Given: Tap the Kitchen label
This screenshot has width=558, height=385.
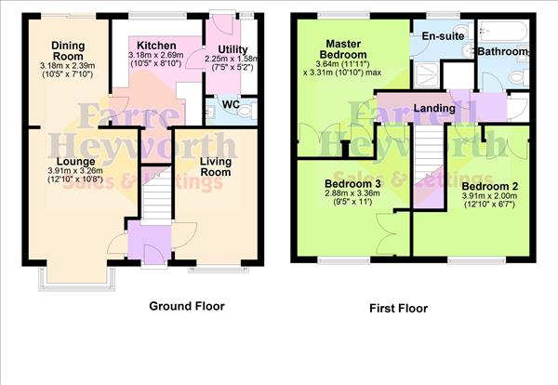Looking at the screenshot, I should point(155,46).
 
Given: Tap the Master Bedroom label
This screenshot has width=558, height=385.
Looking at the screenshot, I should point(350,49).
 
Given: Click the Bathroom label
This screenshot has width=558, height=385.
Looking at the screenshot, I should point(503,52).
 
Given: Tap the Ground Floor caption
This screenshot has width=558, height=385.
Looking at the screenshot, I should point(187,305).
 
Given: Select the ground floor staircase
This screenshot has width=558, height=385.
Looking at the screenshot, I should point(156,196).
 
